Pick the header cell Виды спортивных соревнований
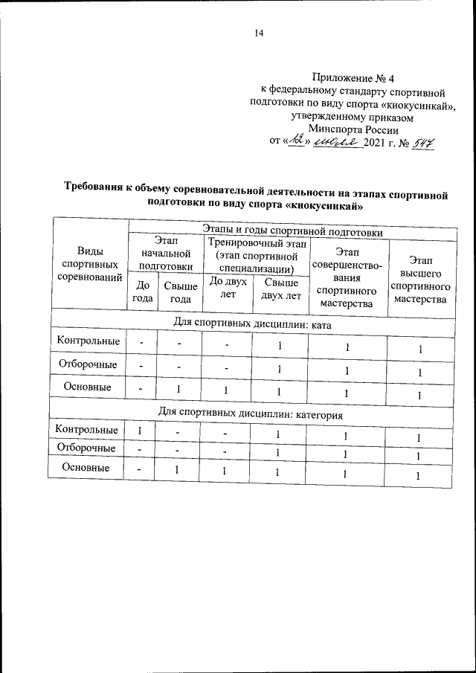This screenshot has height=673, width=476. point(89,265)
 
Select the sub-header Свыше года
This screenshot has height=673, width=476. point(181,292)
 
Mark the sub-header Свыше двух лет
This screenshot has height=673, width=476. point(280,289)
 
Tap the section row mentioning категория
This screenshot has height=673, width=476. point(252,413)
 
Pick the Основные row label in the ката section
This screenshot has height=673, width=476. point(88,387)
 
